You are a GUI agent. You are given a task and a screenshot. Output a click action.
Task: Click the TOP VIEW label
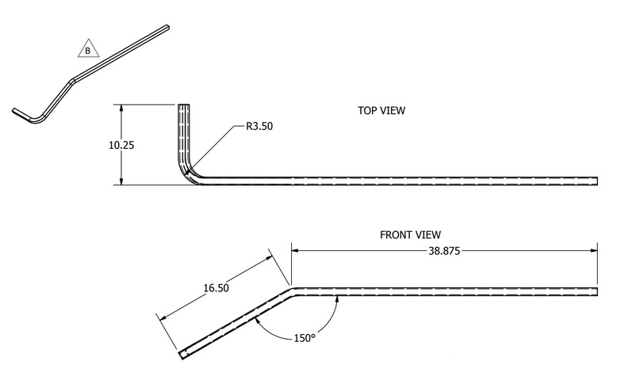382,111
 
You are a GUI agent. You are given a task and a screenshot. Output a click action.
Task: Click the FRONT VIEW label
409,235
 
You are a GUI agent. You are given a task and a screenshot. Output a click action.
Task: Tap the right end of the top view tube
596,181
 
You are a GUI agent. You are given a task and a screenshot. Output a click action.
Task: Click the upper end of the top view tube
184,106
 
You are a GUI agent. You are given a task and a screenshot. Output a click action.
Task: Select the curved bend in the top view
187,171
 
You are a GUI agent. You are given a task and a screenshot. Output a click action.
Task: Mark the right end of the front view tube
596,291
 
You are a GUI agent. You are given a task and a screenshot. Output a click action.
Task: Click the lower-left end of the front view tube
182,353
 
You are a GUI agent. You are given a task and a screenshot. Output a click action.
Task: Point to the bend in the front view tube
291,292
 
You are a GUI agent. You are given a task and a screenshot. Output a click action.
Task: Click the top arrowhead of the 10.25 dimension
121,108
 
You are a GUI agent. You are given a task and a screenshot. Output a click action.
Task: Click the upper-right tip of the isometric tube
167,28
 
